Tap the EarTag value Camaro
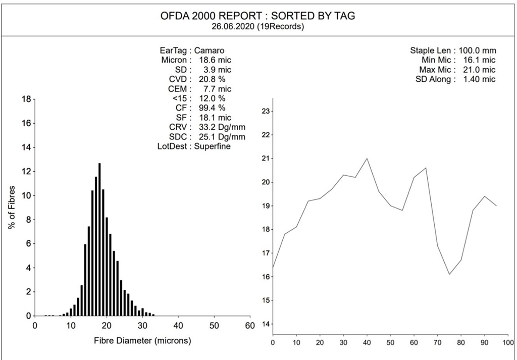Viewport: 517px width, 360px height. tap(209, 50)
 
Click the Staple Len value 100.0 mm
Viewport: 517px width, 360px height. tap(477, 50)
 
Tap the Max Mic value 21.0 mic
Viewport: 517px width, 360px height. tap(477, 70)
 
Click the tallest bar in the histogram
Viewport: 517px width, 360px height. tap(99, 240)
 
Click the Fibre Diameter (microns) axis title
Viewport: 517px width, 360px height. tap(143, 341)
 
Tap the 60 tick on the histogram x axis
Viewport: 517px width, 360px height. tap(249, 326)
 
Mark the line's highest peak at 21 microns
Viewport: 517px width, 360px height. tap(367, 159)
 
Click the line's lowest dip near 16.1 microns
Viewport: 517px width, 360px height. tap(449, 274)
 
